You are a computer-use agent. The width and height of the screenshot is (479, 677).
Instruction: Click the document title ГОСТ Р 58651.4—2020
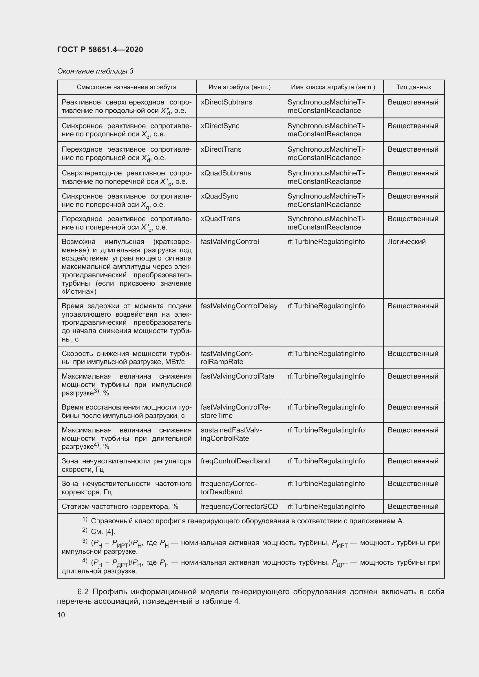(x=100, y=49)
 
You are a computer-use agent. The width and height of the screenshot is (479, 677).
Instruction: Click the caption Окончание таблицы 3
(x=95, y=71)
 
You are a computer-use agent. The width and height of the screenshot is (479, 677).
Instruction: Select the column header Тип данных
(x=414, y=87)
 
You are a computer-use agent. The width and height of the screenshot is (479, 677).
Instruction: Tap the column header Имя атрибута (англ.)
(x=239, y=87)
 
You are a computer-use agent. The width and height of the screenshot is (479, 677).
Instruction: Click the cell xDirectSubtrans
(x=226, y=102)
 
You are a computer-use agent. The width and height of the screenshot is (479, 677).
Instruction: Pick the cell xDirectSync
(x=220, y=126)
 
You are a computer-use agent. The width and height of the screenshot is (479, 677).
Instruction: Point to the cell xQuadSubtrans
(x=226, y=173)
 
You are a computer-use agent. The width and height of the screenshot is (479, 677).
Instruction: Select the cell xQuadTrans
(x=220, y=219)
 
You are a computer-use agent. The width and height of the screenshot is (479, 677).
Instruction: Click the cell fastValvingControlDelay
(x=239, y=306)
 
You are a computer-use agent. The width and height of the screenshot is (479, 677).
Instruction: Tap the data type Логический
(x=406, y=242)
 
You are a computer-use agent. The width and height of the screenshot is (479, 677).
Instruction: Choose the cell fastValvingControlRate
(x=237, y=376)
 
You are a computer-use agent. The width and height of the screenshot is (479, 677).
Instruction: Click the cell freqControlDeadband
(x=235, y=461)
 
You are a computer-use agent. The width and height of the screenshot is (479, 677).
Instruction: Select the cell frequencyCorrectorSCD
(x=239, y=507)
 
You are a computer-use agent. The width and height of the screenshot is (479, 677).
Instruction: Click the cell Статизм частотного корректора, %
(x=120, y=507)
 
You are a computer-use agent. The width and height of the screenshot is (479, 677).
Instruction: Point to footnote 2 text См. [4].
(x=103, y=532)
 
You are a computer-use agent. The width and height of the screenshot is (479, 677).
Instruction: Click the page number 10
(x=61, y=615)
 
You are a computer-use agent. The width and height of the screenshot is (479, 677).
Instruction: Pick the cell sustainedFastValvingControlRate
(x=231, y=434)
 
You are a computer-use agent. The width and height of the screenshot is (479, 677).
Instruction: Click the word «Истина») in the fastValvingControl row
(x=79, y=292)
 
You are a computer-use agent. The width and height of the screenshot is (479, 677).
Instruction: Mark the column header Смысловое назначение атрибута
(x=127, y=87)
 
